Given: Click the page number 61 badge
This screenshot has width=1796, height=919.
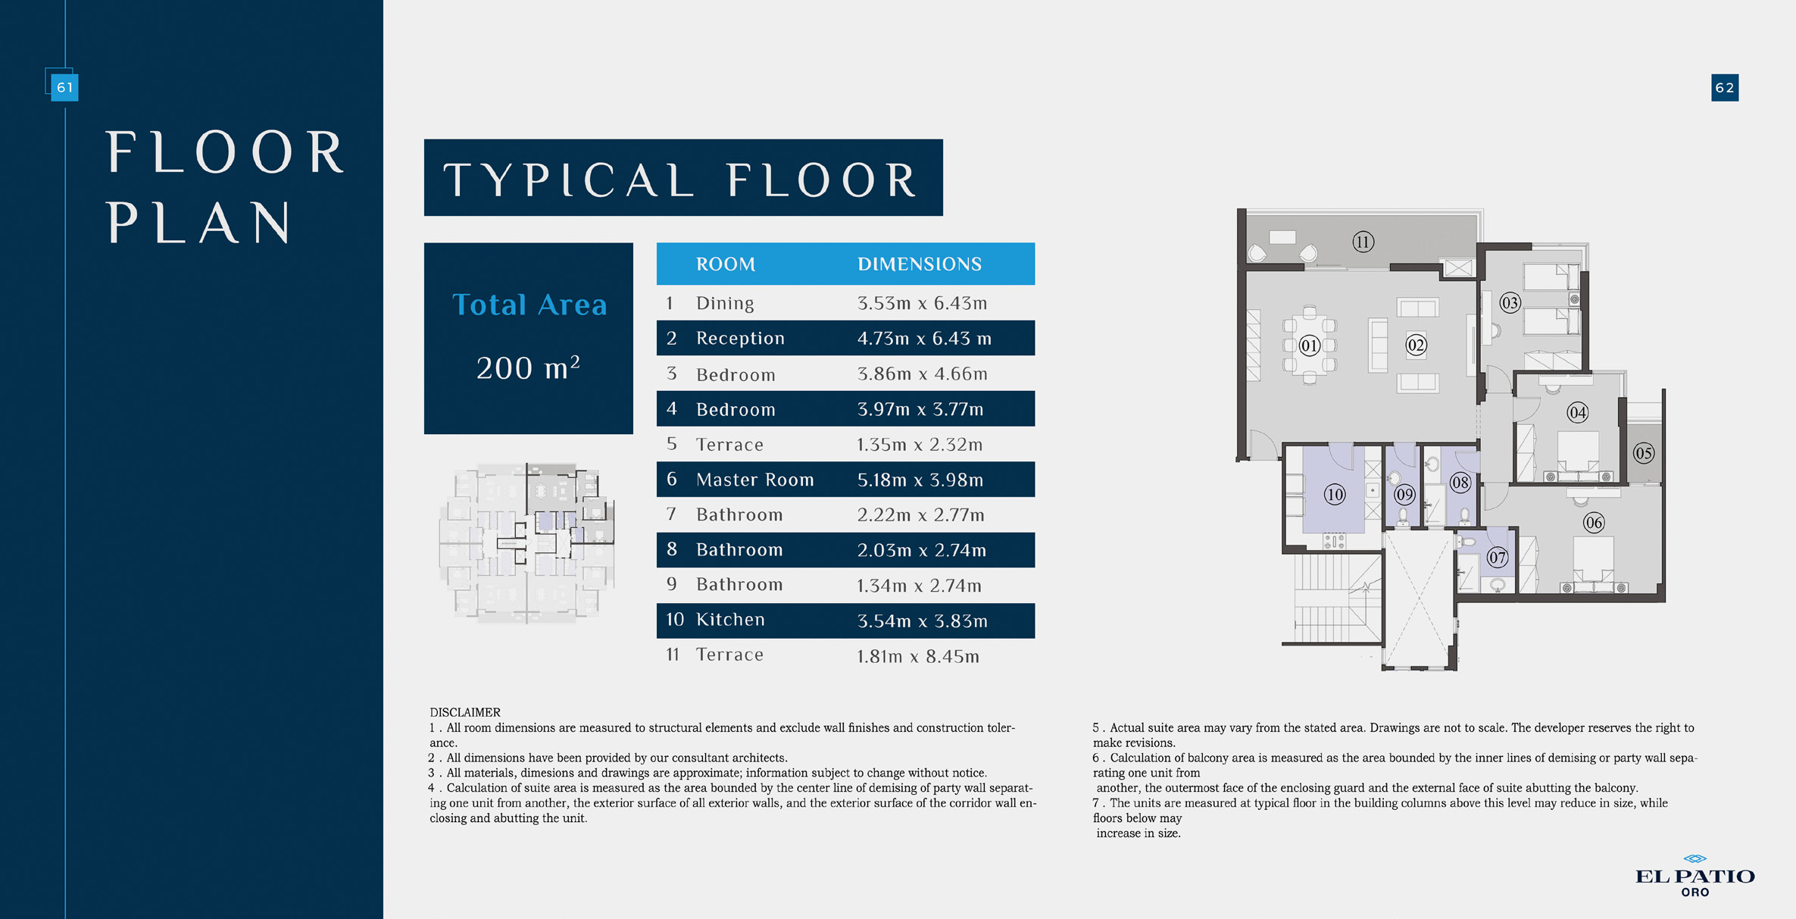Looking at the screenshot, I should tap(64, 87).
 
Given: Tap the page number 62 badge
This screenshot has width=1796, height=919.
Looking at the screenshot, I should tap(1724, 88).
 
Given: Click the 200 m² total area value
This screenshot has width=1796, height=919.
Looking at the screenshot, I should tap(528, 368).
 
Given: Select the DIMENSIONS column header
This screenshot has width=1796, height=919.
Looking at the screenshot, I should tap(919, 264).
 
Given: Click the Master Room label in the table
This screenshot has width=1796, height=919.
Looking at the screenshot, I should tap(754, 480).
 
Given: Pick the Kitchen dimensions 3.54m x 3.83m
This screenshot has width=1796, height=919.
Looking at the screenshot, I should tap(922, 621).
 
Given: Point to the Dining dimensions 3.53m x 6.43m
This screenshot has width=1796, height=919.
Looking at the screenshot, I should tap(922, 304).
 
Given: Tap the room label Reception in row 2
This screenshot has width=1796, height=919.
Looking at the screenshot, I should tap(740, 339).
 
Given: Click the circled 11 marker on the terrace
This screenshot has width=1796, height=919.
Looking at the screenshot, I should tap(1363, 242).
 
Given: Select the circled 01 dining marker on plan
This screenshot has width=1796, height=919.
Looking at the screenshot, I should tap(1310, 346).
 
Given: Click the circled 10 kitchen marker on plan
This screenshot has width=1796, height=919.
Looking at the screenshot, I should tap(1334, 495).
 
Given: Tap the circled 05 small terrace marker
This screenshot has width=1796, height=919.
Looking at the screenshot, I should tap(1643, 454).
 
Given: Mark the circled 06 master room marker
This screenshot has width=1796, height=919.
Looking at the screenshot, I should tap(1593, 523).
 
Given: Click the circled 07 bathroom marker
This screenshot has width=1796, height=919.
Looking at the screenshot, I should tap(1497, 558).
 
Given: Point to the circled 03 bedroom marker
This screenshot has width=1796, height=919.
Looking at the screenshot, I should tap(1510, 303).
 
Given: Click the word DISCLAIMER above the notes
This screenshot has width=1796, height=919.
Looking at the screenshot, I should tap(464, 712).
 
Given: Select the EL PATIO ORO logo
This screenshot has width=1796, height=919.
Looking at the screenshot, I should tap(1694, 877).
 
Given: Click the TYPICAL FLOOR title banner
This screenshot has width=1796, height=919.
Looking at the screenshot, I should tap(682, 178).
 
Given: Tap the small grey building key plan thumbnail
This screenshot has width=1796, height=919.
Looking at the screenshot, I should tap(527, 543).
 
